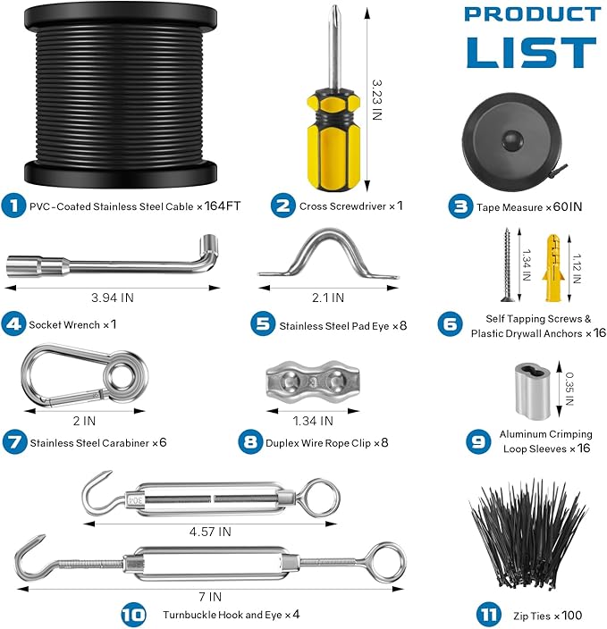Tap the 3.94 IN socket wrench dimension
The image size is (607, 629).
coord(113,298)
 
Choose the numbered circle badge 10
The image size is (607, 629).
coord(133,615)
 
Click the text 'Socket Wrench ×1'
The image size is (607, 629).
coord(73,324)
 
